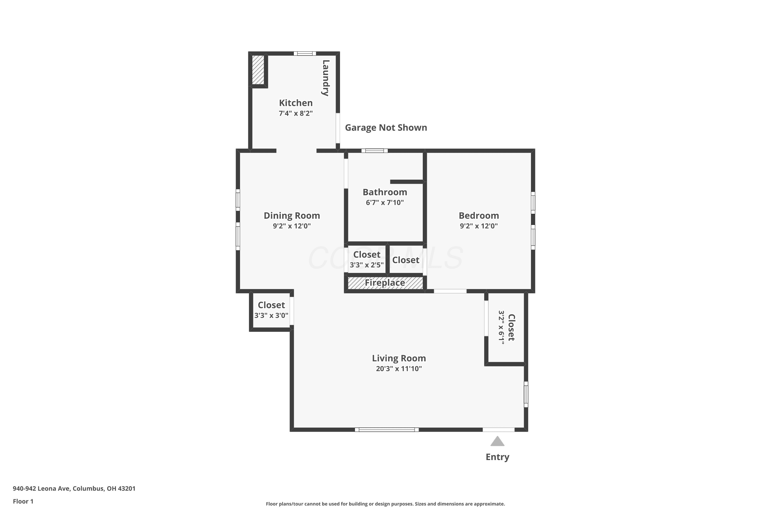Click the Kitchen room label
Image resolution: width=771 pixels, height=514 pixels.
(x=296, y=103)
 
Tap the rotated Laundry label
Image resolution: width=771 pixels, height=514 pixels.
(x=326, y=78)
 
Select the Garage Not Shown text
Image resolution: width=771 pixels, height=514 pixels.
(x=386, y=127)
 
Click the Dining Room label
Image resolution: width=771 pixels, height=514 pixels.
(x=292, y=215)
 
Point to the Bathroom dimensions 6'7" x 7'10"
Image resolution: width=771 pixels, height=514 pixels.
(x=385, y=203)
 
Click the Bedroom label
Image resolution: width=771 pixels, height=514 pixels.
(x=479, y=215)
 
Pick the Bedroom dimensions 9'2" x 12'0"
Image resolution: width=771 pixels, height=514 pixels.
(x=479, y=226)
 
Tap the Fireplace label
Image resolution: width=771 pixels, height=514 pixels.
(x=385, y=282)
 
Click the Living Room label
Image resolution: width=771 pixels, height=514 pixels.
(x=399, y=358)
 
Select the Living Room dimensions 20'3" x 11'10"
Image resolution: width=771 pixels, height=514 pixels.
(x=399, y=369)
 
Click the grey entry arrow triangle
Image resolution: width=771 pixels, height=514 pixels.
(x=497, y=442)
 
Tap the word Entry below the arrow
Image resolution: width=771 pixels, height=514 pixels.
(x=497, y=457)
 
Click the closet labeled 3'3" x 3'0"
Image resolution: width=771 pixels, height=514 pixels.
(x=271, y=310)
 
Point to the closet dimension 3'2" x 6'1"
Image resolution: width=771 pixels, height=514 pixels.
(x=501, y=327)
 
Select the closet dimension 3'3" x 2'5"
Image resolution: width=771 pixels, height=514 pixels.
(x=366, y=265)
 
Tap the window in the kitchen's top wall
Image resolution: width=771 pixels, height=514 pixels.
(x=305, y=54)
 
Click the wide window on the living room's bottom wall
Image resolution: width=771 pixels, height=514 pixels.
(x=387, y=430)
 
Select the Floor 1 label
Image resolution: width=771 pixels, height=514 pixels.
(x=23, y=501)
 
